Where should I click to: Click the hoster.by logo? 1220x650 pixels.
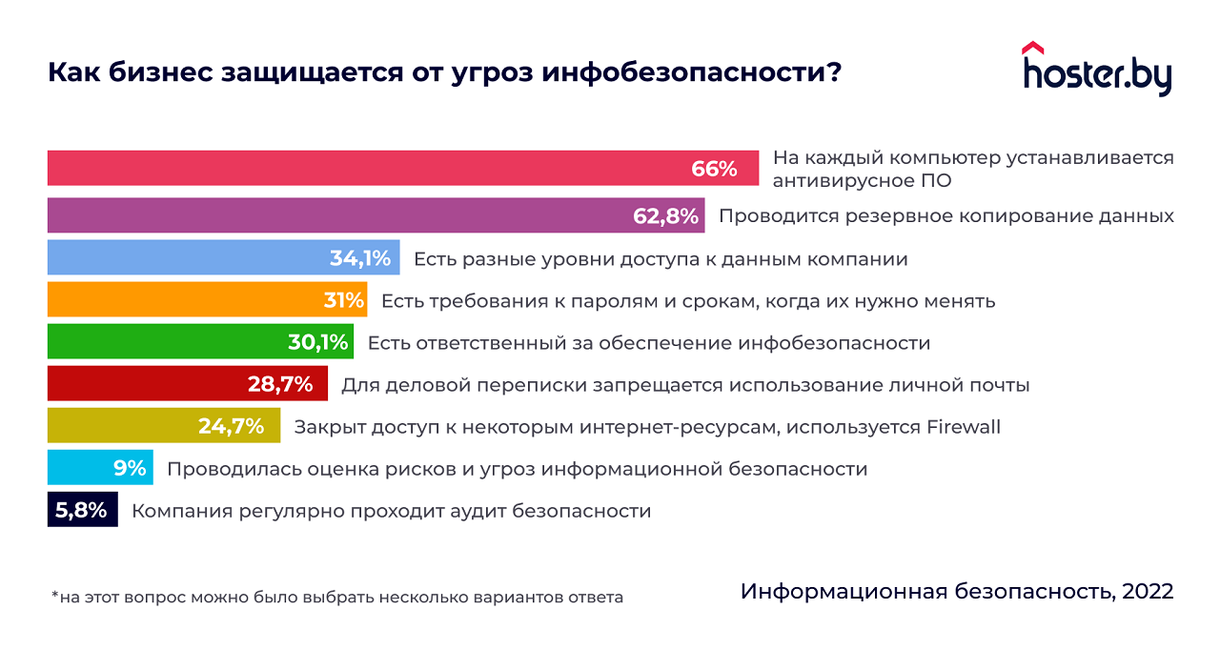[1097, 73]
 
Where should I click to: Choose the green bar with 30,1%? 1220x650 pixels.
[200, 342]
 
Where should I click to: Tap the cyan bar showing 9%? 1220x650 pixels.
[100, 468]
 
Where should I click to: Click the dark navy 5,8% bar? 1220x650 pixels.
[83, 510]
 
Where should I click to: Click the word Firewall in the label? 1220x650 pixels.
[964, 427]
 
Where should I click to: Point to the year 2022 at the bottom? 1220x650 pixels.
[1148, 591]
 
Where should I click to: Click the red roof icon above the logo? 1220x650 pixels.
[1032, 48]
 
